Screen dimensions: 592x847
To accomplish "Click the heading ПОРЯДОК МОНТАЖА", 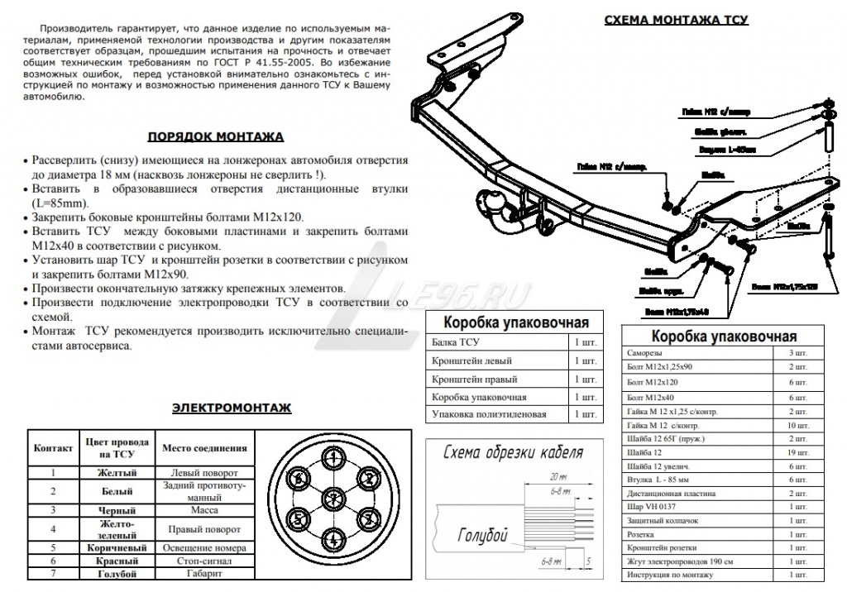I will (215, 136).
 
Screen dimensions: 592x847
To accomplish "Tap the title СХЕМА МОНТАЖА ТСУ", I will (677, 20).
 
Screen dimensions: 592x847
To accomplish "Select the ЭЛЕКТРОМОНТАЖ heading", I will (231, 408).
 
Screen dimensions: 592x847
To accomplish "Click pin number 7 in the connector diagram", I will (333, 497).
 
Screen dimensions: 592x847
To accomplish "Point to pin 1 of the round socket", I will (333, 457).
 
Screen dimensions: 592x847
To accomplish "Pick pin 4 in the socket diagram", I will (333, 538).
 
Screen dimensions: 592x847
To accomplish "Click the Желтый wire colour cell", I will (116, 473).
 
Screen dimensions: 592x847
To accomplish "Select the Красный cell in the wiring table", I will (116, 561).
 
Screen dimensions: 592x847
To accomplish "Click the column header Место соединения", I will (205, 448).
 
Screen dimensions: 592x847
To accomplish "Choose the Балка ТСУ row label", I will (456, 341).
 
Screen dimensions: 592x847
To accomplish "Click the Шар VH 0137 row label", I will (653, 507).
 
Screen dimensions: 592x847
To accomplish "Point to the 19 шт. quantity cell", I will (797, 453).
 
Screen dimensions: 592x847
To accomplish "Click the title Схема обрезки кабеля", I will (513, 452).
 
